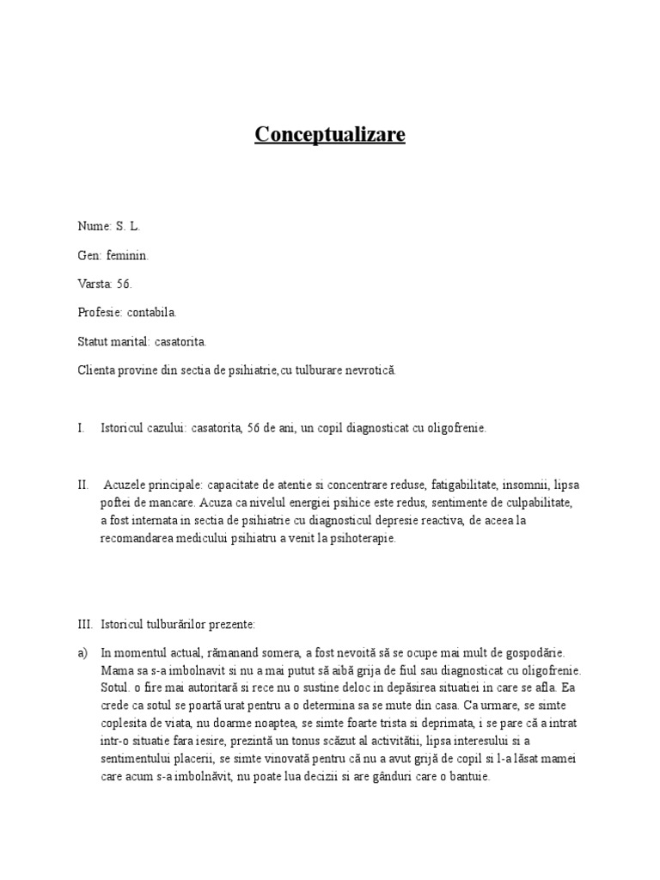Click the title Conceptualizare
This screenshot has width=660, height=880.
(330, 135)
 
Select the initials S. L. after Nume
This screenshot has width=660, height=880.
(127, 227)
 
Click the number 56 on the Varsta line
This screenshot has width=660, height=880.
(124, 284)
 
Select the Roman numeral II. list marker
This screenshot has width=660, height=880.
(83, 485)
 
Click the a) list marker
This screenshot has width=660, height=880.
(82, 653)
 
